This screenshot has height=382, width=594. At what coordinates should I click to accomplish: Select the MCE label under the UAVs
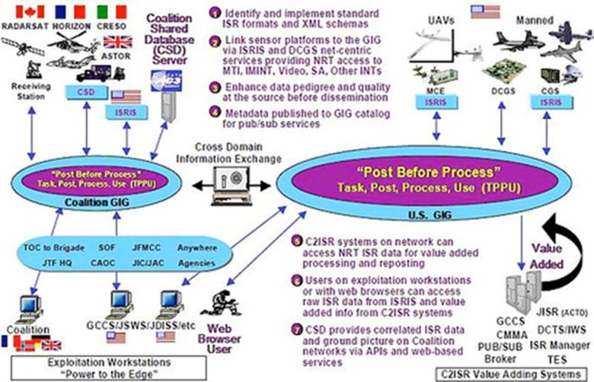430,90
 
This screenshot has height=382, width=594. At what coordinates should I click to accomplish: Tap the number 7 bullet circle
297,329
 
